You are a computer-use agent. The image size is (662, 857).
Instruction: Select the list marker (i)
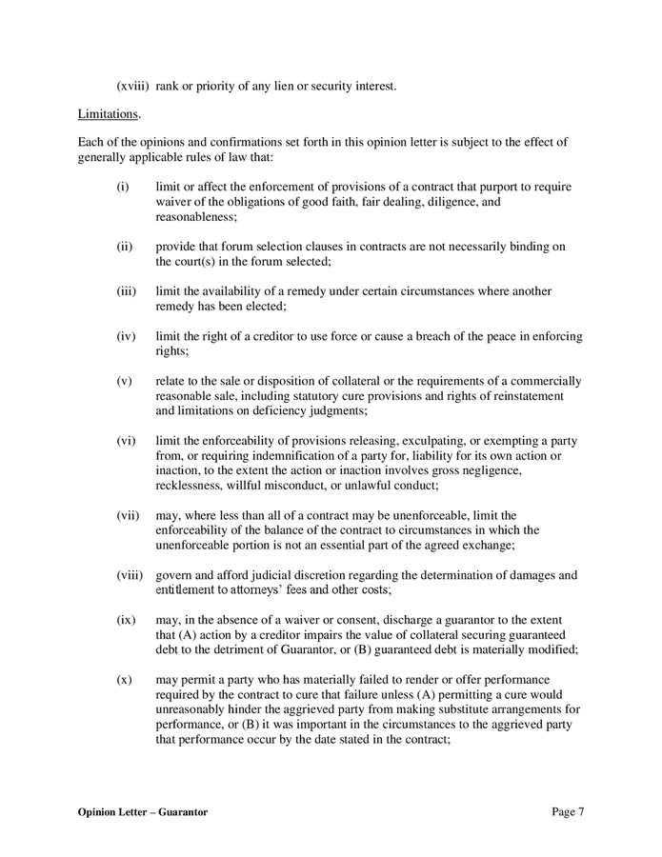[123, 189]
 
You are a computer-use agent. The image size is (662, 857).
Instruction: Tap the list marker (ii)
[125, 247]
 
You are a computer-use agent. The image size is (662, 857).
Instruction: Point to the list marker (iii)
[127, 290]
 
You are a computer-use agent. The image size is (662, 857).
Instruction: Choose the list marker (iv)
[127, 335]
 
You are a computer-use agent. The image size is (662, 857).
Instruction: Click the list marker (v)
[124, 380]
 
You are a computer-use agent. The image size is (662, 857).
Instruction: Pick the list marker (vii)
[129, 515]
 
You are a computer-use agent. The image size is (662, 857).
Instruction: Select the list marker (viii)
[130, 574]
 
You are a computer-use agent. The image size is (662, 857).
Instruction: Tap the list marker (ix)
[126, 619]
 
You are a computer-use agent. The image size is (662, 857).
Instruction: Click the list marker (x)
[124, 679]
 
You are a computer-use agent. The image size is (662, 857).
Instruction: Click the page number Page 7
[568, 811]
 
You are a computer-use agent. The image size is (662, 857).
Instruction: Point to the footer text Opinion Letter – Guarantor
[143, 811]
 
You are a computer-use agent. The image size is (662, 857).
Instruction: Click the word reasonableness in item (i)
[194, 217]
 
